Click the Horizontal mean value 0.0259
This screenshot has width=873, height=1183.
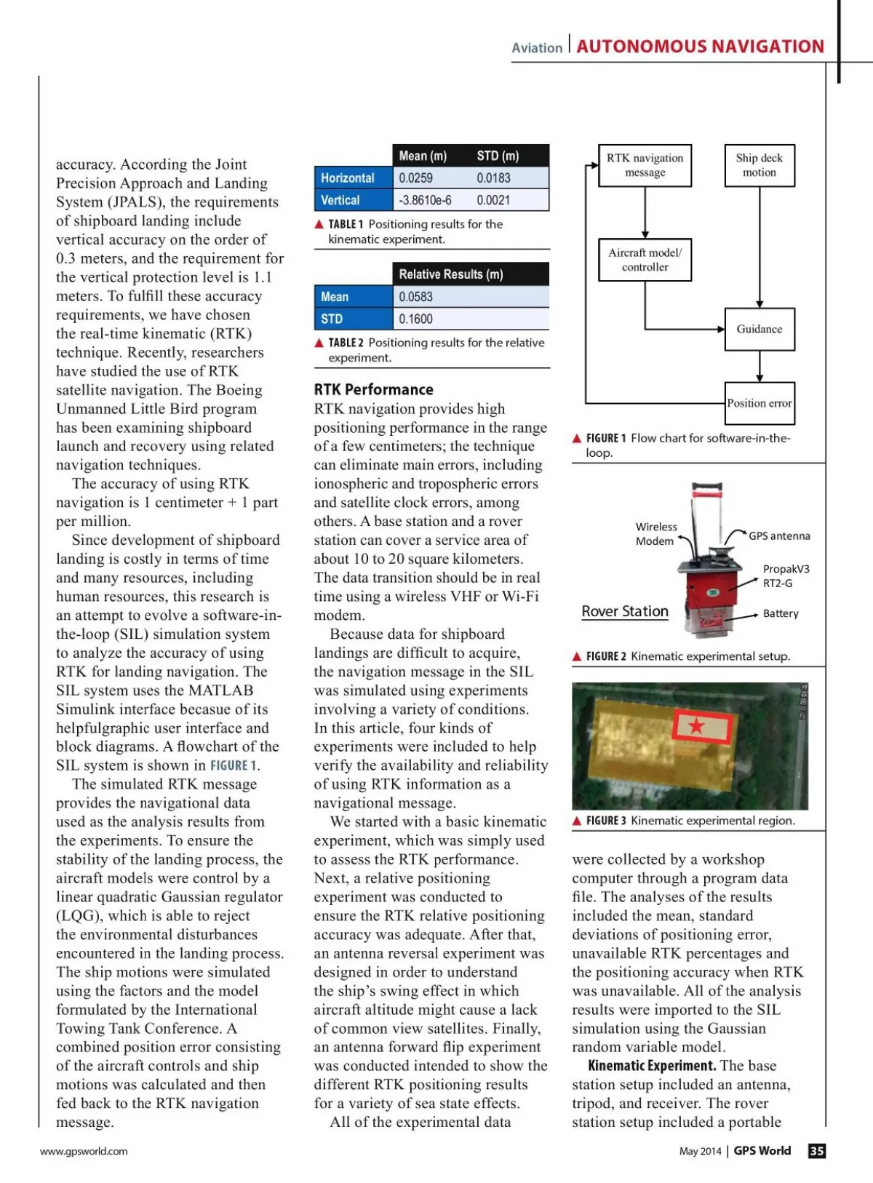click(415, 178)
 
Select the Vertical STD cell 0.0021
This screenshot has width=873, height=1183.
click(493, 200)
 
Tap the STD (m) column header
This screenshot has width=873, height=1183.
click(498, 156)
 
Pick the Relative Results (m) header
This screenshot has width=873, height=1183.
click(450, 274)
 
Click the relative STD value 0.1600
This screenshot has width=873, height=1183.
click(415, 319)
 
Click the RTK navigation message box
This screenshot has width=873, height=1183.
click(645, 165)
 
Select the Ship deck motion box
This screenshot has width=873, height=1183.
click(759, 165)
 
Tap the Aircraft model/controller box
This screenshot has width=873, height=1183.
click(645, 260)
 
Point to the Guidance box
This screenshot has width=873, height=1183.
click(759, 329)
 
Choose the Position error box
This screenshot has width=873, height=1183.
click(759, 403)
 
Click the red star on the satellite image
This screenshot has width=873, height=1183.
click(697, 725)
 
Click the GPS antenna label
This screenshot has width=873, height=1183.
click(779, 536)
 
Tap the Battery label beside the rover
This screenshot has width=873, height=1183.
click(781, 613)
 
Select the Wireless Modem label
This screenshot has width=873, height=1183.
click(655, 533)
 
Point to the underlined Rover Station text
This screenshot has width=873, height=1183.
click(625, 611)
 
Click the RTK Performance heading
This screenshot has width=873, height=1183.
click(373, 389)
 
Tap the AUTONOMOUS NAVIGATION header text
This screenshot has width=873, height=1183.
click(700, 47)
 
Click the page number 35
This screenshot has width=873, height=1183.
click(817, 1150)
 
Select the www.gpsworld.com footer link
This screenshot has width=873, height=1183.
click(84, 1151)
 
